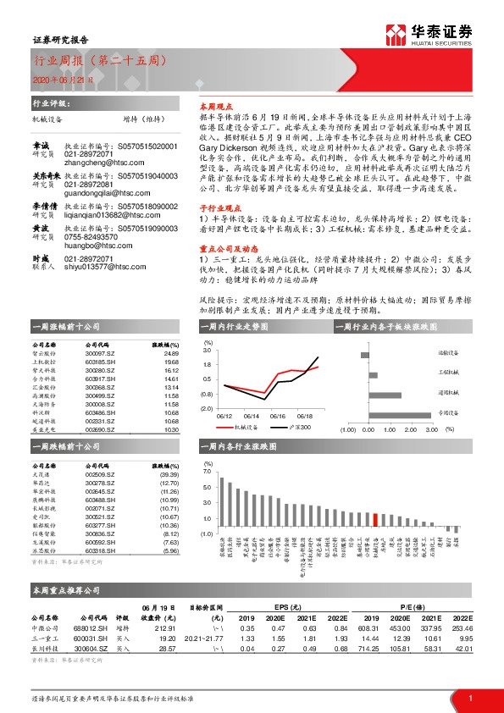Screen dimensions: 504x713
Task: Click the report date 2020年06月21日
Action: (57, 79)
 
